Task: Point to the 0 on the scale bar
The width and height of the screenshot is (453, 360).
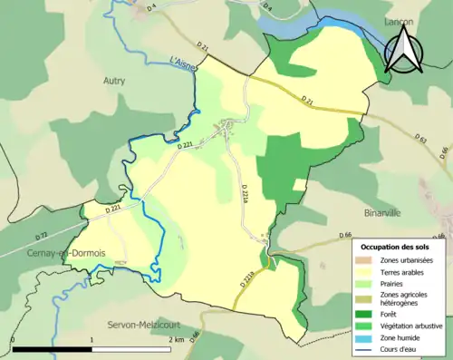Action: click(x=13, y=339)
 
